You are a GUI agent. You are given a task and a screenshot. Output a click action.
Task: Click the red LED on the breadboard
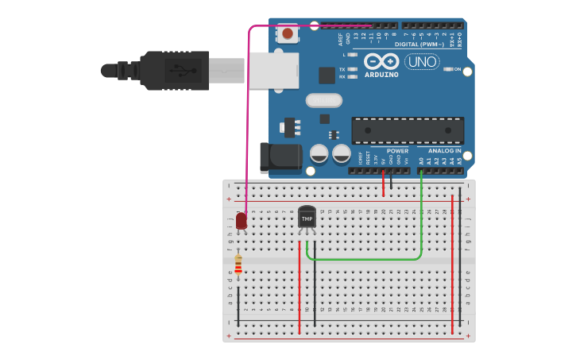(x=242, y=222)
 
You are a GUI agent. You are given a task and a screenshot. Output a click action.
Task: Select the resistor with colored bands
(x=238, y=265)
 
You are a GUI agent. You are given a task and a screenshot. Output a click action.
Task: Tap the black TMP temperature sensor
(x=307, y=218)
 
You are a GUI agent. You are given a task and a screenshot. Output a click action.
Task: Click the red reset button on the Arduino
(x=288, y=34)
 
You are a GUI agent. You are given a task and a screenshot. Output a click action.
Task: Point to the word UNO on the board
(x=421, y=62)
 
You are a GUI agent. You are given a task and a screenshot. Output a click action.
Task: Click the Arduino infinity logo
(x=382, y=60)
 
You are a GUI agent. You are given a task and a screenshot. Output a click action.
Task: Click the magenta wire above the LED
(x=249, y=119)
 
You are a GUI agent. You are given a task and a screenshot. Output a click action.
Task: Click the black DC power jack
(x=280, y=157)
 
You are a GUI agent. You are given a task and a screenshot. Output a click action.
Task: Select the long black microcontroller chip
(x=408, y=130)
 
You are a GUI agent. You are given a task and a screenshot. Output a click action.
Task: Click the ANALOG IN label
(x=444, y=150)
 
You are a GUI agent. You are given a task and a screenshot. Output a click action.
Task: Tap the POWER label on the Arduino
(x=397, y=150)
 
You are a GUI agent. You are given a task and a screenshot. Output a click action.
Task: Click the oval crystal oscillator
(x=323, y=100)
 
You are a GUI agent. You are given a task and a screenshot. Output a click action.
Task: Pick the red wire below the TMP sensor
(x=300, y=286)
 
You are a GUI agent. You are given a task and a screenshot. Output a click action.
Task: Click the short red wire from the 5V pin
(x=384, y=183)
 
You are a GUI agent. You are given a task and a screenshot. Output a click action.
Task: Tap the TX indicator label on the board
(x=342, y=69)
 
